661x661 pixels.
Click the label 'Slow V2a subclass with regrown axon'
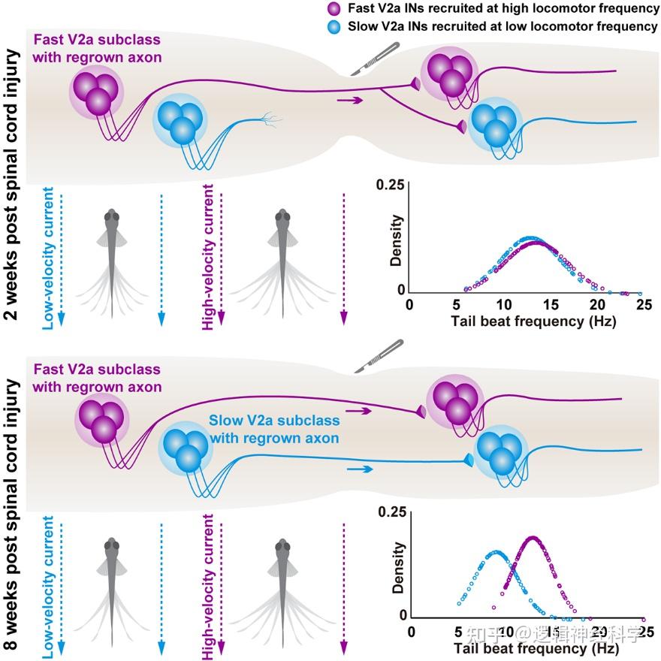click(x=273, y=429)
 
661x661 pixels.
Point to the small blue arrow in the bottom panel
click(x=360, y=469)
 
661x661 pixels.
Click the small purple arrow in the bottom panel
click(x=360, y=411)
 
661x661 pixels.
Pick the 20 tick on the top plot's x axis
click(x=597, y=306)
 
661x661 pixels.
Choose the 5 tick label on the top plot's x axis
click(x=456, y=306)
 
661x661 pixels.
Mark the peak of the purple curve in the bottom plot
click(x=532, y=537)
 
